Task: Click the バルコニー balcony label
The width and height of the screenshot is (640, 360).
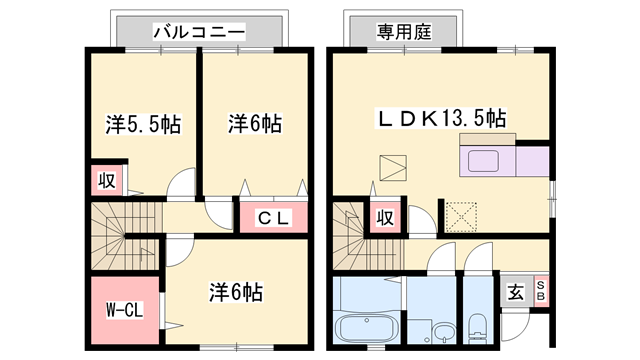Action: point(199,32)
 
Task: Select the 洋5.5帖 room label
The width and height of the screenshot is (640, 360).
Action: point(143,125)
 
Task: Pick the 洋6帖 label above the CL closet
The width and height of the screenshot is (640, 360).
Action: point(254,125)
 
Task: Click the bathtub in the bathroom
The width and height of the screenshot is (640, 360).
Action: point(365,327)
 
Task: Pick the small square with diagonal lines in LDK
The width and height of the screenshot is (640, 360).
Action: point(395,166)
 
